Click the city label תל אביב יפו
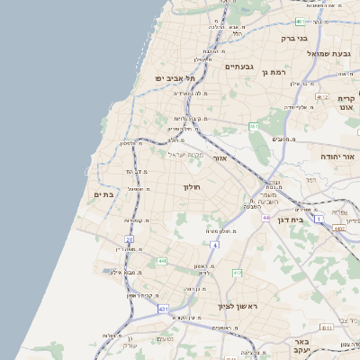click(176, 78)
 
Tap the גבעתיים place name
click(238, 66)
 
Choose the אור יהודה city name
click(338, 157)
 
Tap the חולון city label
click(192, 186)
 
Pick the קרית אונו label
click(347, 103)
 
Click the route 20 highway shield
click(130, 239)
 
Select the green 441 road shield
click(162, 261)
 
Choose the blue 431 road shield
click(163, 309)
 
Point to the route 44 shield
click(265, 218)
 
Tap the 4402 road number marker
click(338, 229)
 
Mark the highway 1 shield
click(318, 219)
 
